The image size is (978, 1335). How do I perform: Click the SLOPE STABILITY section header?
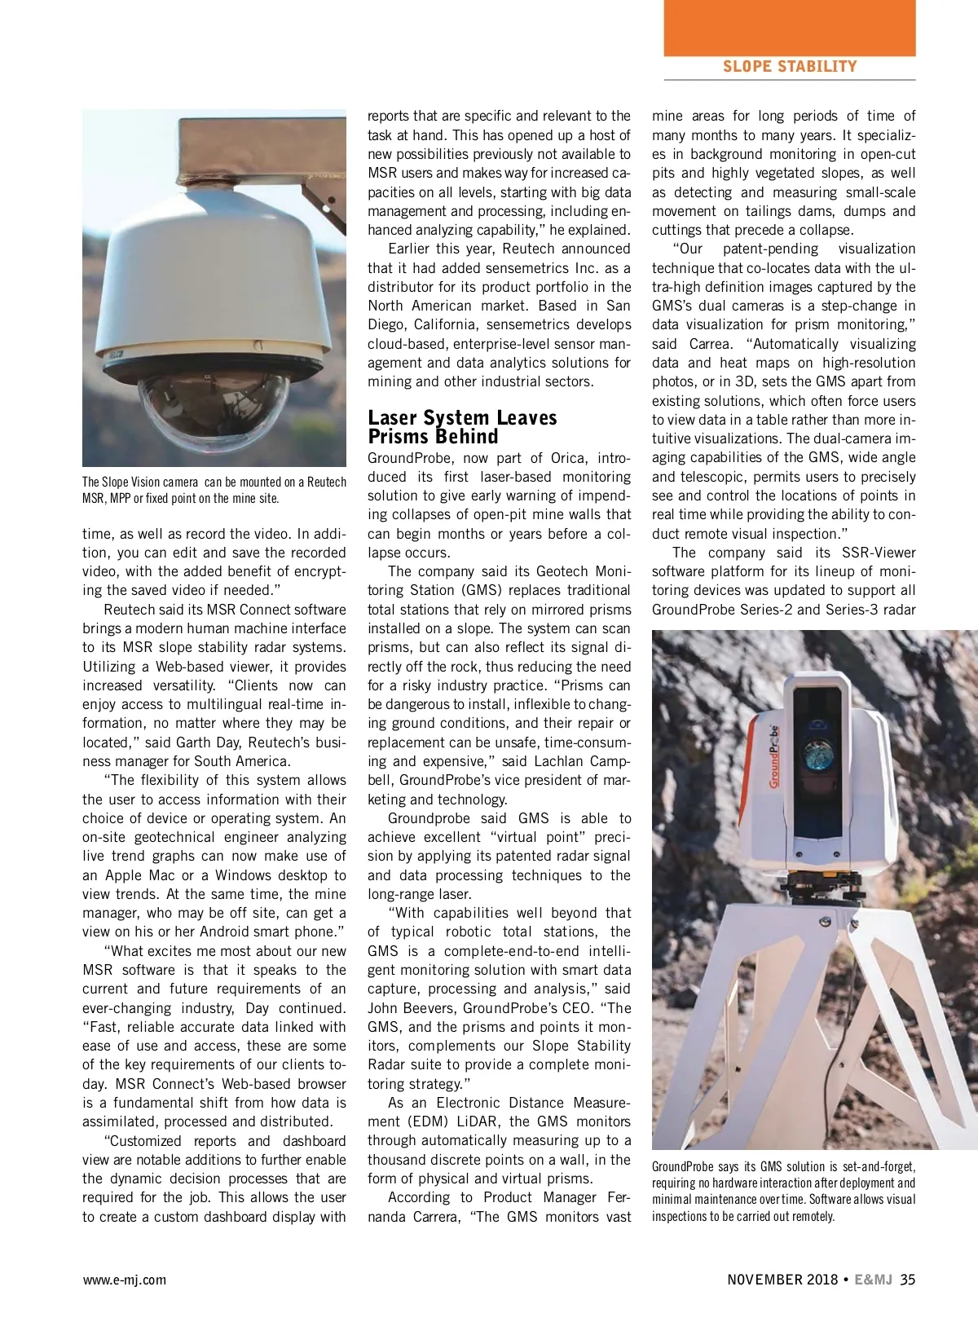coord(789,67)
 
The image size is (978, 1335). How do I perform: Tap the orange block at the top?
coord(789,27)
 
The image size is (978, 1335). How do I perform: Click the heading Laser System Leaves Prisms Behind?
coord(462,427)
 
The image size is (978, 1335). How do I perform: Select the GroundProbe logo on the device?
coord(773,756)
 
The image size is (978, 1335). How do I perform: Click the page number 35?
coord(907,1280)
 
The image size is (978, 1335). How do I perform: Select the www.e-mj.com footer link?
coord(124,1280)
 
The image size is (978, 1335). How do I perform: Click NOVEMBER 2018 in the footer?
coord(782,1280)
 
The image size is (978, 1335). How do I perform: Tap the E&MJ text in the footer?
coord(873,1280)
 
